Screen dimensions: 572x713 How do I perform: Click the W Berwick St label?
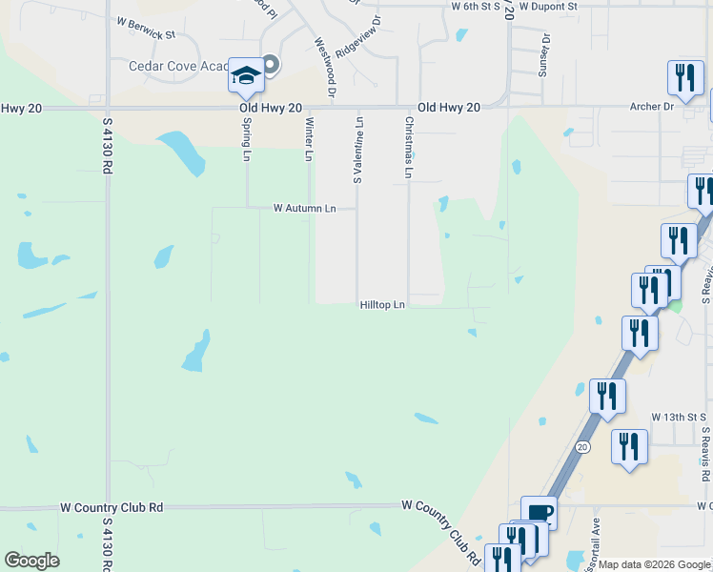[x=146, y=33]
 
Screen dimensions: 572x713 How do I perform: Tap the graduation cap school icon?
[x=246, y=76]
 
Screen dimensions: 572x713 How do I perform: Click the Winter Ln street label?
[x=309, y=138]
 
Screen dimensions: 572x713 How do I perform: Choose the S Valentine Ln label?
[x=359, y=150]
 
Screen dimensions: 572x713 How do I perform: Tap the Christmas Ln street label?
[x=410, y=148]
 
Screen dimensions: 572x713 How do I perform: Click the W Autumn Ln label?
[x=305, y=208]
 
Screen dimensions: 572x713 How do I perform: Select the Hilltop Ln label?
[x=383, y=305]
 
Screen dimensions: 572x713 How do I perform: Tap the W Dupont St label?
[x=548, y=6]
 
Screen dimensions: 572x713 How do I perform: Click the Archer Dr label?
[x=652, y=107]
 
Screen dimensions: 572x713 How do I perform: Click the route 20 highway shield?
[x=581, y=446]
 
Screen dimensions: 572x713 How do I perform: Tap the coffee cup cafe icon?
[x=540, y=512]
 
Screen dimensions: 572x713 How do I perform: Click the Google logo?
[x=31, y=561]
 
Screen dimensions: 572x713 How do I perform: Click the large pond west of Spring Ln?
[x=182, y=153]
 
